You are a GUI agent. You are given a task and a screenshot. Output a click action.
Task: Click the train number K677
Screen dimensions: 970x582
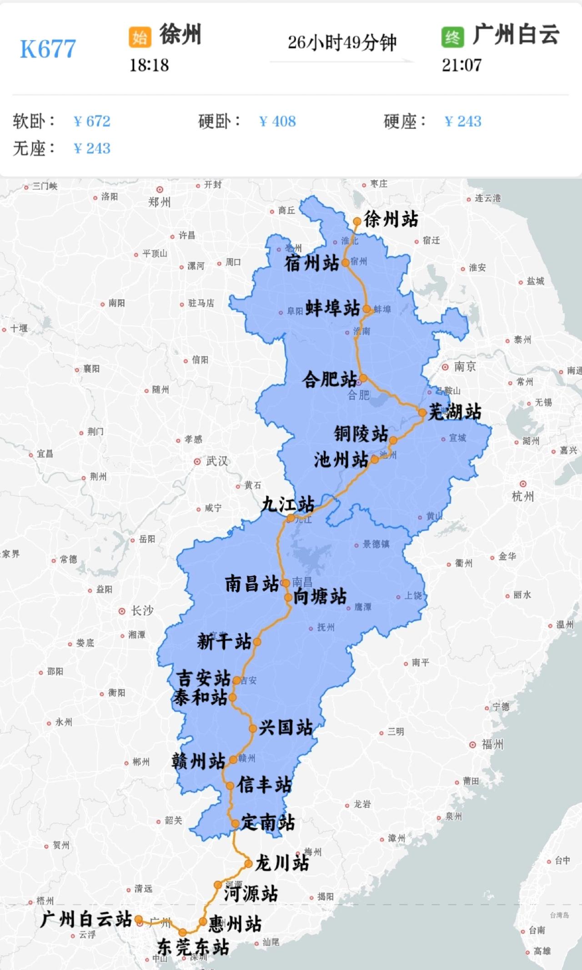(x=48, y=49)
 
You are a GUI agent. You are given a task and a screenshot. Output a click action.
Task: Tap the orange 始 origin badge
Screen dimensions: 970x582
(x=139, y=37)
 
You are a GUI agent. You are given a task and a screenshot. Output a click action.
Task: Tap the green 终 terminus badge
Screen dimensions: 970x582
(x=452, y=37)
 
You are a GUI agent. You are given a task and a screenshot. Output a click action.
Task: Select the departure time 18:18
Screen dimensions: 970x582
(x=149, y=65)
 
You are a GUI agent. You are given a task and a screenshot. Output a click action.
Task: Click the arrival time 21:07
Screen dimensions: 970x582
(x=462, y=65)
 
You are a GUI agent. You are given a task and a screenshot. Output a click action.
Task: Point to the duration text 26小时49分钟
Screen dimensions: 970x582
(x=342, y=43)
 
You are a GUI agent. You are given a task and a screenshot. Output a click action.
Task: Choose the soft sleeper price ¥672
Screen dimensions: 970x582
(x=92, y=121)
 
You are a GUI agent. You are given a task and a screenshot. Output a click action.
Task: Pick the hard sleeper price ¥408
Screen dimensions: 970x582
(x=277, y=121)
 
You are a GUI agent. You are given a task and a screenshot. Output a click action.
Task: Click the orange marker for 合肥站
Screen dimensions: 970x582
(x=363, y=378)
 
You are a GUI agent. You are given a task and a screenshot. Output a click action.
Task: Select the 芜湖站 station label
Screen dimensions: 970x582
(x=455, y=412)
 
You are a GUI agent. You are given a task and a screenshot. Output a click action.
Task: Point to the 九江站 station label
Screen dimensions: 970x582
(x=288, y=504)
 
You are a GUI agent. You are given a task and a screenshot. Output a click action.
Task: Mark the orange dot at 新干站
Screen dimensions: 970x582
(x=257, y=642)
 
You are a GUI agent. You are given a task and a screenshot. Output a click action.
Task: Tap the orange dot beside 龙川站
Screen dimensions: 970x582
(x=248, y=864)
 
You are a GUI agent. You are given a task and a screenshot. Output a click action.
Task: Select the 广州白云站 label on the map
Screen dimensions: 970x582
(x=86, y=920)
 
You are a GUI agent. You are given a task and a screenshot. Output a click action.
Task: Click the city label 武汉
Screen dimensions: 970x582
(x=216, y=461)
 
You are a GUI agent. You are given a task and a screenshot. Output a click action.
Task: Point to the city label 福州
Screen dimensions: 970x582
(x=492, y=744)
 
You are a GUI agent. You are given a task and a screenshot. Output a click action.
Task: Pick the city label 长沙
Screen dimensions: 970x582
(x=142, y=611)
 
